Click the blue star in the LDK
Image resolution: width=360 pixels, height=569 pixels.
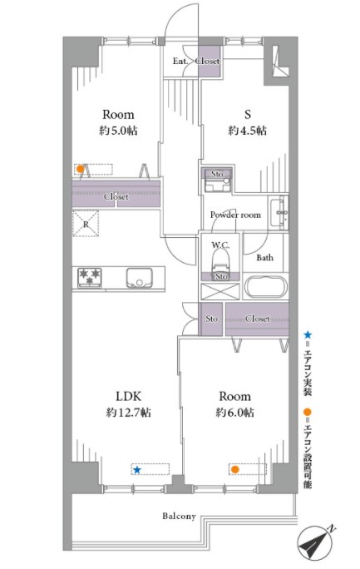point(136,470)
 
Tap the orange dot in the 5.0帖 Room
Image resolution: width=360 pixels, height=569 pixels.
point(81,169)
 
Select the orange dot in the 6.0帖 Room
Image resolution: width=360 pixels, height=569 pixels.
point(235,469)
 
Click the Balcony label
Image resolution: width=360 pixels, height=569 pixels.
point(179,516)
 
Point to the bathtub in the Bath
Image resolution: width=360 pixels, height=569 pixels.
point(266,287)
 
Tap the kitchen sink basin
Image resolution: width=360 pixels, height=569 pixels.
point(139,278)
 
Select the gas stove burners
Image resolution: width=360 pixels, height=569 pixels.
point(89,278)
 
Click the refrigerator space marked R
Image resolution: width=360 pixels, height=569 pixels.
point(86,224)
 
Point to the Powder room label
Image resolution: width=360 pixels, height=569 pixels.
point(235,215)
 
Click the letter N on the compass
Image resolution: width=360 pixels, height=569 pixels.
point(332,529)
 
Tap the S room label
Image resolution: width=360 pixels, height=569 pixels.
point(248,115)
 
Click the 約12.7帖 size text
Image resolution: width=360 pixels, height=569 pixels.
point(129,413)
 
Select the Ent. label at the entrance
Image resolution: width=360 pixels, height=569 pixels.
point(180,61)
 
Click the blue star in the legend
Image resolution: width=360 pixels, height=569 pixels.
point(308,334)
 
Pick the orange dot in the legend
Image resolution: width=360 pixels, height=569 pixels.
point(308,413)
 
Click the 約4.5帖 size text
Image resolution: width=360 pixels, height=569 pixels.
point(248,131)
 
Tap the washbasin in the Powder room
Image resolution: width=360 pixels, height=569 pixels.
point(279,213)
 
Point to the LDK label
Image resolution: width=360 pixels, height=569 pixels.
point(128,396)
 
